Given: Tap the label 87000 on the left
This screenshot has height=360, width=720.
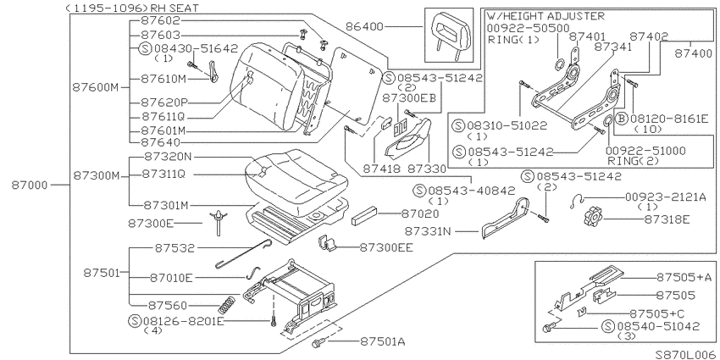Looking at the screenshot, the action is click(x=30, y=186).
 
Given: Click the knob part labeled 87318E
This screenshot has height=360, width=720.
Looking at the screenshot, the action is click(x=593, y=216).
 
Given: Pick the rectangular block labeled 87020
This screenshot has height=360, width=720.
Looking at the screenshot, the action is click(x=364, y=216).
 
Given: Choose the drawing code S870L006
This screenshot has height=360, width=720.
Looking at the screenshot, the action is click(x=684, y=354).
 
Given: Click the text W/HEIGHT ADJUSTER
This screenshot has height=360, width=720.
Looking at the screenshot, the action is click(x=546, y=17).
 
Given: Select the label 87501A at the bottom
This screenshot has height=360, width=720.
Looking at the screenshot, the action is click(x=383, y=341).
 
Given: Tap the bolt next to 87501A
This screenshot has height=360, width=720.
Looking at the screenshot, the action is click(x=318, y=342).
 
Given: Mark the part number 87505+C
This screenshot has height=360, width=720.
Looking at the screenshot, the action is click(x=656, y=313).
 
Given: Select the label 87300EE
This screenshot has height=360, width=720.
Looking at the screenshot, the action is click(x=386, y=248).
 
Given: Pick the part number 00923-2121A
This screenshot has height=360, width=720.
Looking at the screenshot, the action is click(x=666, y=197).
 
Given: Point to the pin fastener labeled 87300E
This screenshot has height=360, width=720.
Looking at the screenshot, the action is click(x=219, y=222).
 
